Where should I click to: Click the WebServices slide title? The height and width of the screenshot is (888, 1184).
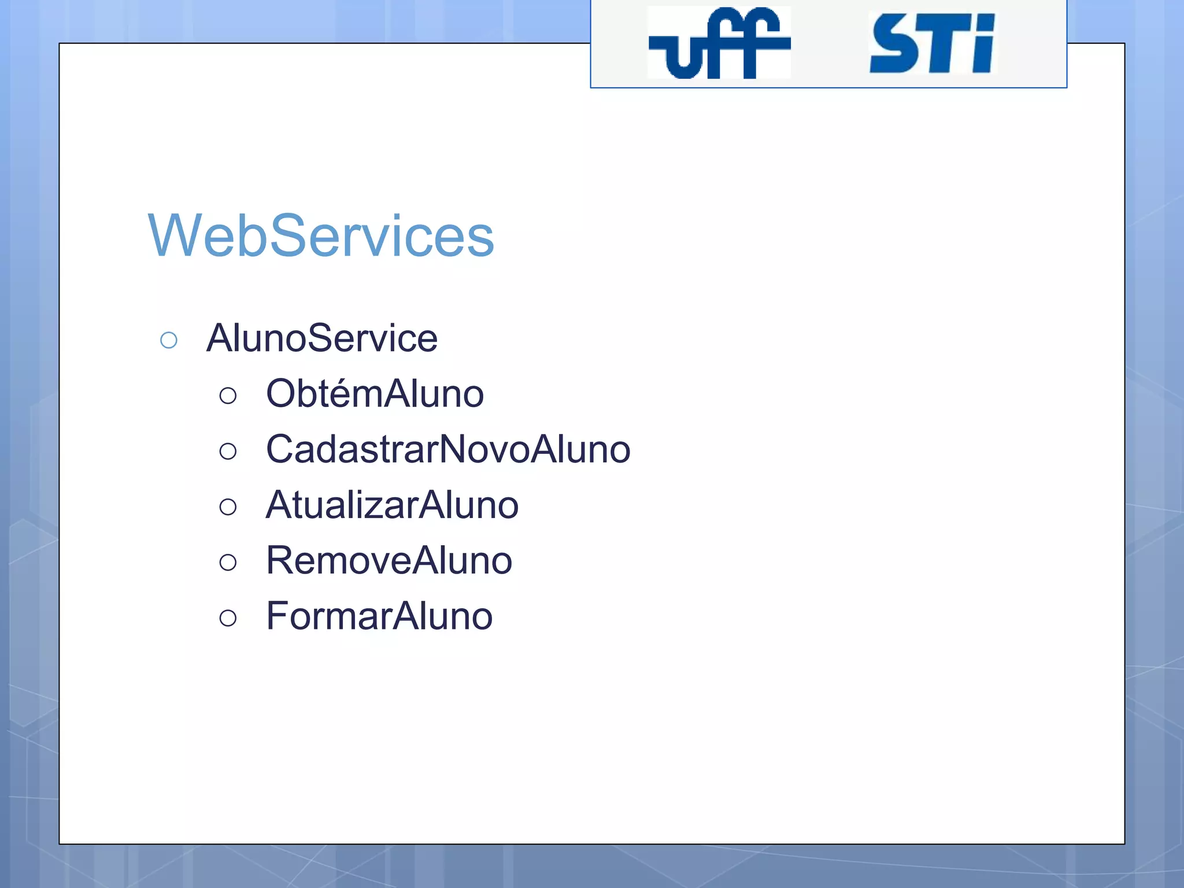321,236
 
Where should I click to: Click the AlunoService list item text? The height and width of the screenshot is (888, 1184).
322,338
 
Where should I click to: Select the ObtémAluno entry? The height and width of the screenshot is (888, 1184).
375,394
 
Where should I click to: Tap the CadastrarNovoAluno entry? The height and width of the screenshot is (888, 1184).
448,449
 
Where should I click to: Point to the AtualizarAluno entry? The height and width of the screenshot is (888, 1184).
392,505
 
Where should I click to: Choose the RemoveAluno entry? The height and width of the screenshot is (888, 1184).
389,561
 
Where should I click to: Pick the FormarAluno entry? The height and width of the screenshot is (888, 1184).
379,616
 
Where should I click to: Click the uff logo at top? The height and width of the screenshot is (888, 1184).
719,43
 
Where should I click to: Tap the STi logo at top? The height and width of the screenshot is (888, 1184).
931,44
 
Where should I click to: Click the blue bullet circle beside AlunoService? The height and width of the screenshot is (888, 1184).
169,340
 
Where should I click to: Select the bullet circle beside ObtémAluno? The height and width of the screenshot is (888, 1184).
228,396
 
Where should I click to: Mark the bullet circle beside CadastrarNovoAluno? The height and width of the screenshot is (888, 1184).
228,452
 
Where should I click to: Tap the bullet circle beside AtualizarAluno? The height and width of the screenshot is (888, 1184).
228,507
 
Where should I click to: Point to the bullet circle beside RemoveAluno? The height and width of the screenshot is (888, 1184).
228,563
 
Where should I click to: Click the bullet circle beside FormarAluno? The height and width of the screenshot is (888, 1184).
228,618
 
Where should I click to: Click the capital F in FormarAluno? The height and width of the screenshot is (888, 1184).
278,616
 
